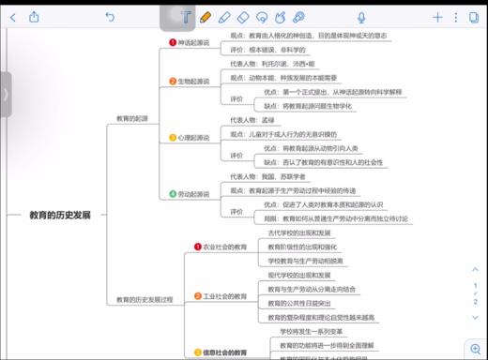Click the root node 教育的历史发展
click(60, 215)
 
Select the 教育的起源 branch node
click(131, 118)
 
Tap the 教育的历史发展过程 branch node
click(145, 299)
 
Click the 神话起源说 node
click(193, 42)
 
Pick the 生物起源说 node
click(193, 82)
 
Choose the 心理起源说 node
click(193, 137)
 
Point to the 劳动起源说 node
click(193, 194)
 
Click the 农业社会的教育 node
click(224, 247)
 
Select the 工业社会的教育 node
click(224, 296)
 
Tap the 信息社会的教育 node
click(224, 352)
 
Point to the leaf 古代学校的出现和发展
click(298, 232)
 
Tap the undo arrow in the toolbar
click(110, 16)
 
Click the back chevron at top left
click(11, 16)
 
